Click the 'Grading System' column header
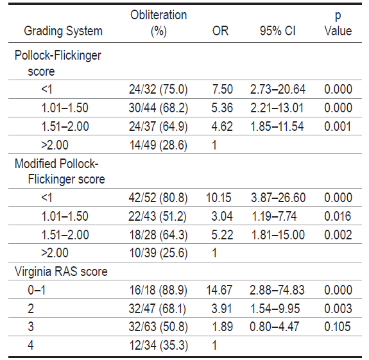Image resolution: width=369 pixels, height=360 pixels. pyautogui.click(x=63, y=31)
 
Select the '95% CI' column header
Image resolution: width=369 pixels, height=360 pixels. pyautogui.click(x=277, y=31)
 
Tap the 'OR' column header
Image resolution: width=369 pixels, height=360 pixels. pyautogui.click(x=220, y=31)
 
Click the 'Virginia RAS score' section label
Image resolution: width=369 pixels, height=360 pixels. pyautogui.click(x=61, y=271)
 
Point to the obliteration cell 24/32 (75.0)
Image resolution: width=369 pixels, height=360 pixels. pyautogui.click(x=158, y=89)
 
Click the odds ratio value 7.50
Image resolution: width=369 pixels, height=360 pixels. pyautogui.click(x=223, y=89)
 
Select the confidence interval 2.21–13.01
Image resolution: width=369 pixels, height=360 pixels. pyautogui.click(x=277, y=108)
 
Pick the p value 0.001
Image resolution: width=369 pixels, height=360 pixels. pyautogui.click(x=338, y=126)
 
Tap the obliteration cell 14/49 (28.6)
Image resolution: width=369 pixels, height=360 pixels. pyautogui.click(x=159, y=145)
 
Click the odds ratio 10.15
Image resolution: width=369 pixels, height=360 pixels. pyautogui.click(x=219, y=198)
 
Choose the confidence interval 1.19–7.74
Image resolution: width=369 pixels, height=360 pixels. pyautogui.click(x=274, y=216)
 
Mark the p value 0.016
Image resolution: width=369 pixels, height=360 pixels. pyautogui.click(x=338, y=216)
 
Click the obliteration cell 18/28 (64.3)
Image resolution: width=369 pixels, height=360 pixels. pyautogui.click(x=159, y=235)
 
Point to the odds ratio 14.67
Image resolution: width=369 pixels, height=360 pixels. pyautogui.click(x=219, y=290)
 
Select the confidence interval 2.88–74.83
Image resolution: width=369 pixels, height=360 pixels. pyautogui.click(x=277, y=290)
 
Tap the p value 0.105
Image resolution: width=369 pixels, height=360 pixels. pyautogui.click(x=338, y=327)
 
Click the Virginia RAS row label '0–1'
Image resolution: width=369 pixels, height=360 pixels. pyautogui.click(x=37, y=290)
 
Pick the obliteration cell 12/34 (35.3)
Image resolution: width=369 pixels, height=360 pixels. pyautogui.click(x=159, y=346)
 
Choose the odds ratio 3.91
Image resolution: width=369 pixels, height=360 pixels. pyautogui.click(x=221, y=309)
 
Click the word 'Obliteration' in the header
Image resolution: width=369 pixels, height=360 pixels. pyautogui.click(x=159, y=15)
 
